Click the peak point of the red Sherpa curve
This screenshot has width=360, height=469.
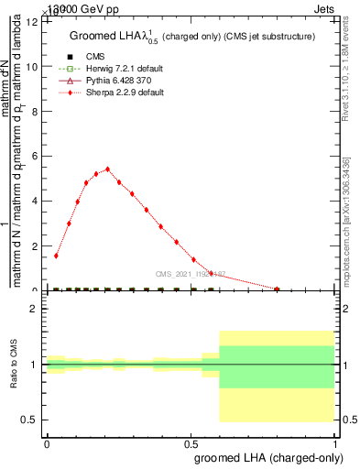click(108, 169)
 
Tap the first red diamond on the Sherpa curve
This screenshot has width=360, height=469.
click(56, 256)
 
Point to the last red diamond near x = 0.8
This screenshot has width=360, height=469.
click(277, 289)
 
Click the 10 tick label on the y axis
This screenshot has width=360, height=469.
click(33, 67)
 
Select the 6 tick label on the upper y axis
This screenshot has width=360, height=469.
click(36, 157)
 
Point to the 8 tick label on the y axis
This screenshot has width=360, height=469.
click(36, 112)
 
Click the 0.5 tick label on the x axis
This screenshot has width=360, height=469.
click(191, 443)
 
